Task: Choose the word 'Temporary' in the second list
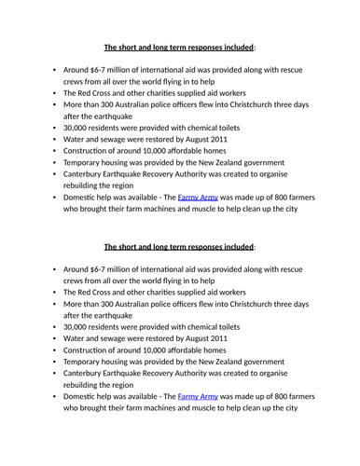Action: (x=86, y=372)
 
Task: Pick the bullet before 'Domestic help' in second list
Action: (x=54, y=396)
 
